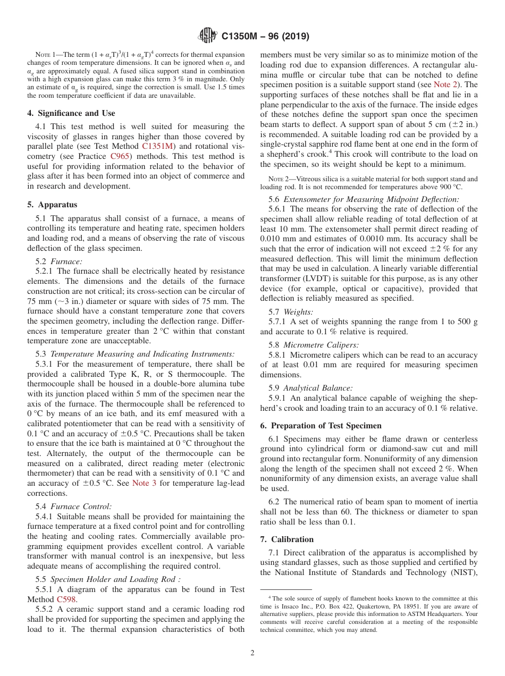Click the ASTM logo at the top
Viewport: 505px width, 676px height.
(207, 36)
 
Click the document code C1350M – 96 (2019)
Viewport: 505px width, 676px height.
(264, 36)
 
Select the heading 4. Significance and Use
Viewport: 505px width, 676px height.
(71, 113)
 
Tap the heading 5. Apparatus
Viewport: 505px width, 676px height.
(52, 205)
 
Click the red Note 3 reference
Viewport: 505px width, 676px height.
(144, 483)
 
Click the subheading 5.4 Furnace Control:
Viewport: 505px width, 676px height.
(73, 506)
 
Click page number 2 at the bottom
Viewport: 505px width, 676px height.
(252, 653)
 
